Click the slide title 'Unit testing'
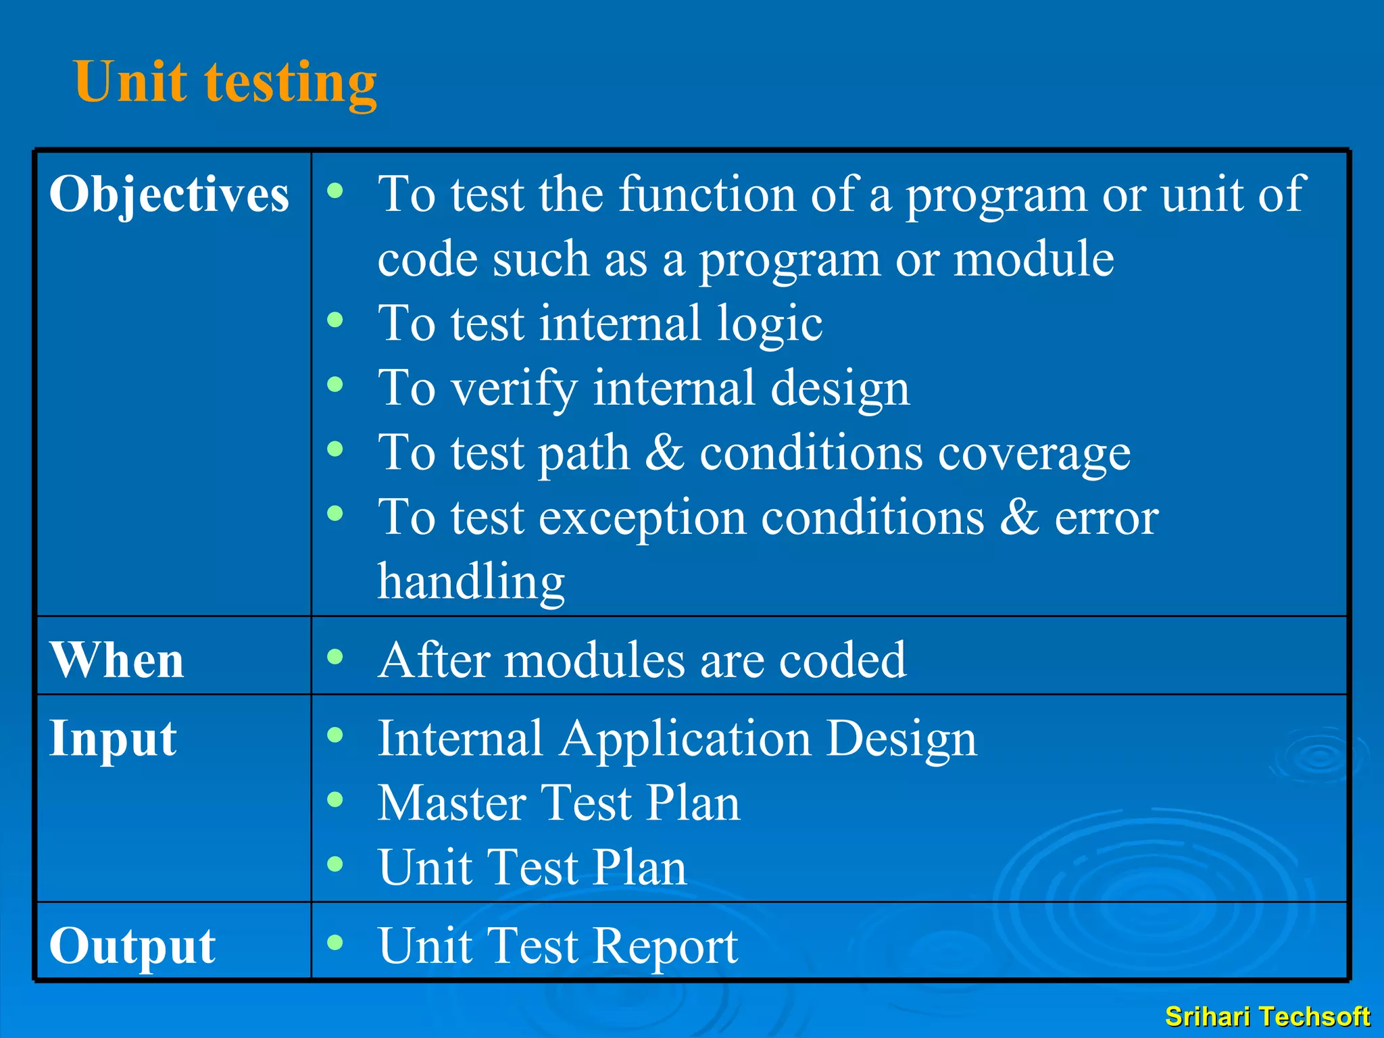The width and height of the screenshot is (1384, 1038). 225,82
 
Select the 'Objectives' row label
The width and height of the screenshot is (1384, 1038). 169,195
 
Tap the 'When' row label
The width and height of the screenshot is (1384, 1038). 117,660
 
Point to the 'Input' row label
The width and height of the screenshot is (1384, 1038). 113,738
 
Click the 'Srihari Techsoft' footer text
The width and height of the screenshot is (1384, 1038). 1267,1016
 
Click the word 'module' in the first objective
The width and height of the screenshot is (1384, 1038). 1033,259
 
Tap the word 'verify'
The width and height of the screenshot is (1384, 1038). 514,389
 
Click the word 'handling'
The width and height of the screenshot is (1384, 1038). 471,581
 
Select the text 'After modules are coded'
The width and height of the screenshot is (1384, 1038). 642,660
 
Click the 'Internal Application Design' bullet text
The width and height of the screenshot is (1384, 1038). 677,738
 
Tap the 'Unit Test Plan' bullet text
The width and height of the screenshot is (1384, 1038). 533,867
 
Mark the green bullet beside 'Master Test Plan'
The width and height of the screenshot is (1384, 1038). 335,799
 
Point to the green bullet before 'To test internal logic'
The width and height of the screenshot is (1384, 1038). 335,320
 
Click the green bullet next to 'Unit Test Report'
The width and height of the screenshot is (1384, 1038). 335,941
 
